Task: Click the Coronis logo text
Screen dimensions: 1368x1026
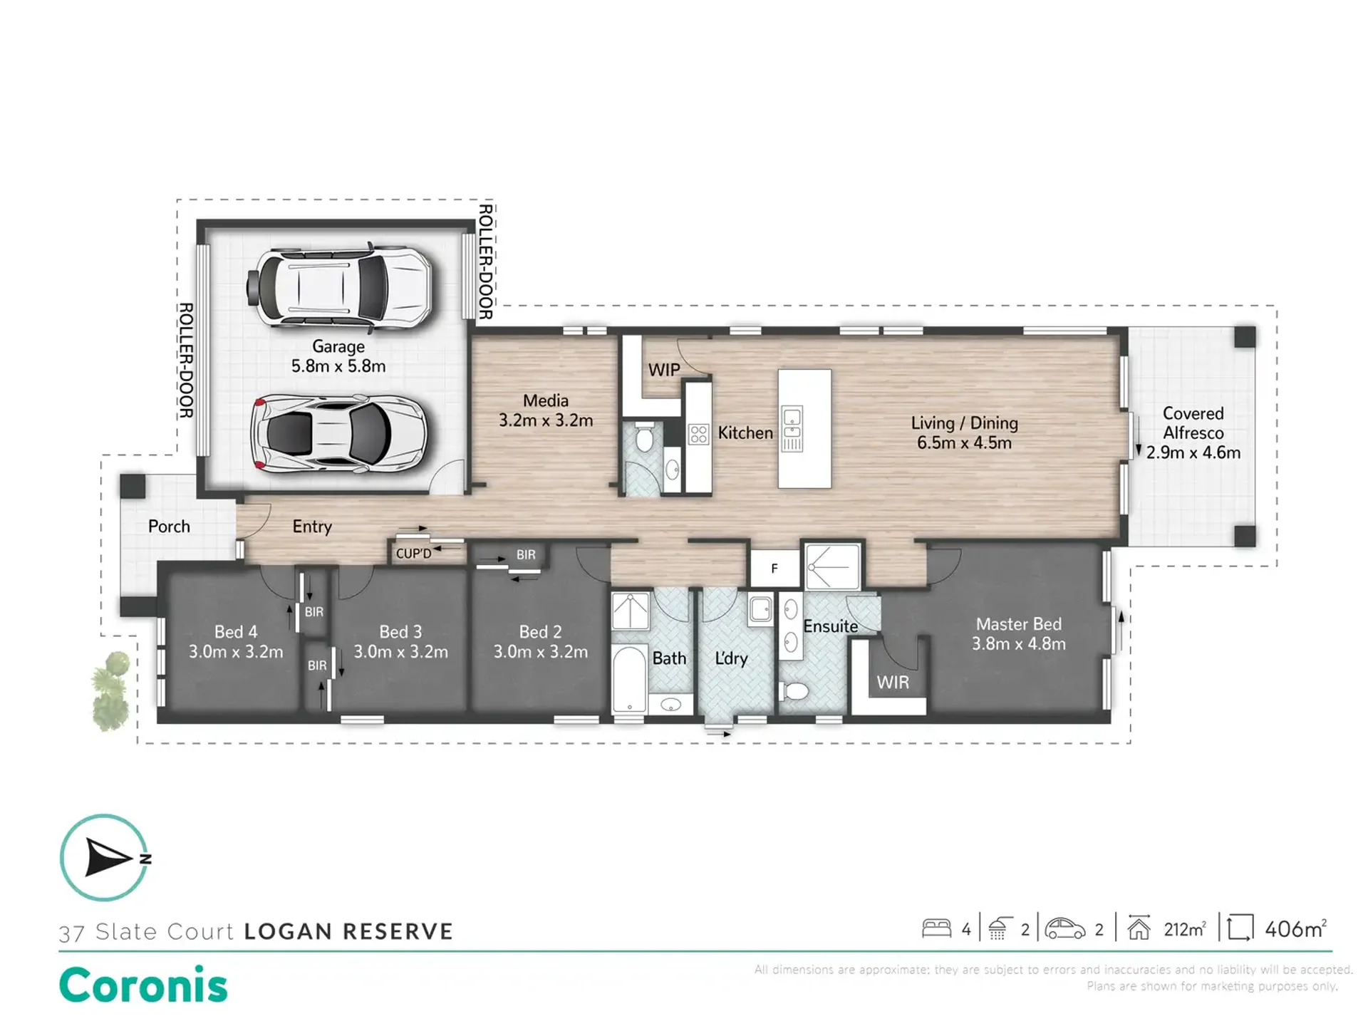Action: point(143,985)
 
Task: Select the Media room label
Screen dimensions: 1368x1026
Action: point(546,410)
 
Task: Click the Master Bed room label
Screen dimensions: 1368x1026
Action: point(1019,633)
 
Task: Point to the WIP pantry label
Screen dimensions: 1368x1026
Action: point(664,370)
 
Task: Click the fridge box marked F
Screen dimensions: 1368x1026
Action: point(774,568)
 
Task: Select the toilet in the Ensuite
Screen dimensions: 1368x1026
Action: point(794,690)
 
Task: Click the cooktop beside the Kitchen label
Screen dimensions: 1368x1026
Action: point(698,434)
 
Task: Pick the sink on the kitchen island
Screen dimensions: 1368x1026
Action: point(792,421)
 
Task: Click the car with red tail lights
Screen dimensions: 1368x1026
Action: point(338,433)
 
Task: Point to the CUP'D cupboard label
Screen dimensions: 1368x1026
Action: point(414,554)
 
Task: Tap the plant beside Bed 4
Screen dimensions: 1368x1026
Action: point(111,691)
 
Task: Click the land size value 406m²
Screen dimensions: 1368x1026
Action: point(1296,928)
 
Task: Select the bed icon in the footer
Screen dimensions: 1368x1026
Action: point(936,928)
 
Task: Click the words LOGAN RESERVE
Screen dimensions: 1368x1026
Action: point(348,931)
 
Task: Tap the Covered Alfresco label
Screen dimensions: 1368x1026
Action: point(1193,432)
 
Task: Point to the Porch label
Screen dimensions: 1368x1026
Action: point(169,527)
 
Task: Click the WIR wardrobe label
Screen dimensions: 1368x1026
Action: point(893,683)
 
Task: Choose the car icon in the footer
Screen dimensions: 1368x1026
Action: point(1065,928)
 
